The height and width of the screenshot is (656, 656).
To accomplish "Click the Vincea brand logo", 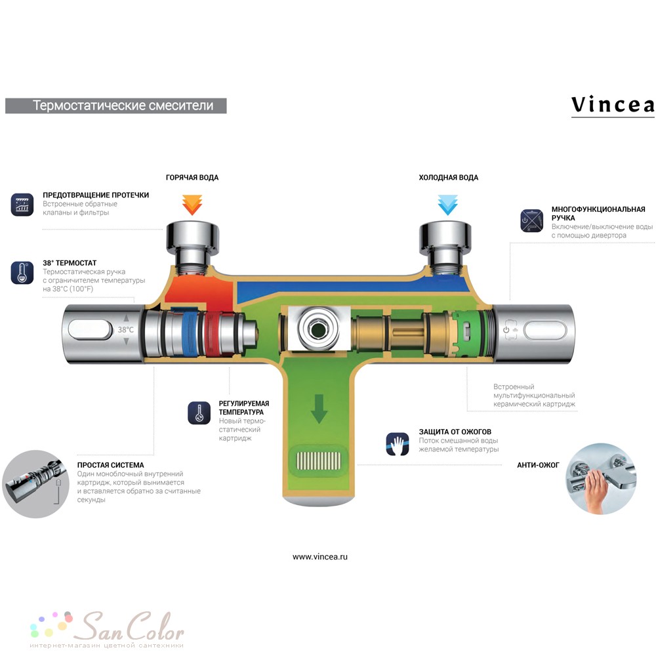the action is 613,106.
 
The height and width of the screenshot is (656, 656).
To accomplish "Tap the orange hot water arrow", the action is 192,205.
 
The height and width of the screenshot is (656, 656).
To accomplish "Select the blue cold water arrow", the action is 447,205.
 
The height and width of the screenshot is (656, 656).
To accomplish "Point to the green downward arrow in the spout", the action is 319,409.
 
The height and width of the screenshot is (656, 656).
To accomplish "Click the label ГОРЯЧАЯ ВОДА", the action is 192,177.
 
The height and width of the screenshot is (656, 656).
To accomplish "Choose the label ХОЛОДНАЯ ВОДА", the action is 449,177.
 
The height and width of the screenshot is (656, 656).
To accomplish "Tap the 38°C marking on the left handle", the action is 125,330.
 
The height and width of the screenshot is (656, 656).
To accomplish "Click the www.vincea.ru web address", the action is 320,557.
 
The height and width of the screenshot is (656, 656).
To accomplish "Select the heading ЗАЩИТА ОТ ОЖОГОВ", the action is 455,432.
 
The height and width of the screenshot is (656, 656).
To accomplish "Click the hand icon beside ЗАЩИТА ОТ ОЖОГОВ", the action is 398,444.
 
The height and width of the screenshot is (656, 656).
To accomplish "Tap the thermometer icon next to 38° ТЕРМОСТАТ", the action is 22,273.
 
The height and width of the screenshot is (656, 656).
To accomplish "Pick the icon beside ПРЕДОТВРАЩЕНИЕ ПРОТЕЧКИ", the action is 22,205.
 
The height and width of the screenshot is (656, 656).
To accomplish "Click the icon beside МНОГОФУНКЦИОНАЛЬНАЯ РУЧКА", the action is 532,220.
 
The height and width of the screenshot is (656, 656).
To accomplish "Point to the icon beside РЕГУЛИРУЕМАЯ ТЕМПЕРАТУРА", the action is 199,413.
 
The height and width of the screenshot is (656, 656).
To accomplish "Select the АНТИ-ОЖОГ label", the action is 538,465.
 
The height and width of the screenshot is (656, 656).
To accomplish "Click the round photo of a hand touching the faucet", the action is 601,479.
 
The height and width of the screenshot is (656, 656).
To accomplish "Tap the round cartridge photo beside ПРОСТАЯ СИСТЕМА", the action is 35,484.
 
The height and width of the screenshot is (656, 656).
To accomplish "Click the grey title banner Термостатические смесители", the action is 116,106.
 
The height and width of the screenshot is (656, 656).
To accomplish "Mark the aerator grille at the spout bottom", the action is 319,461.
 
